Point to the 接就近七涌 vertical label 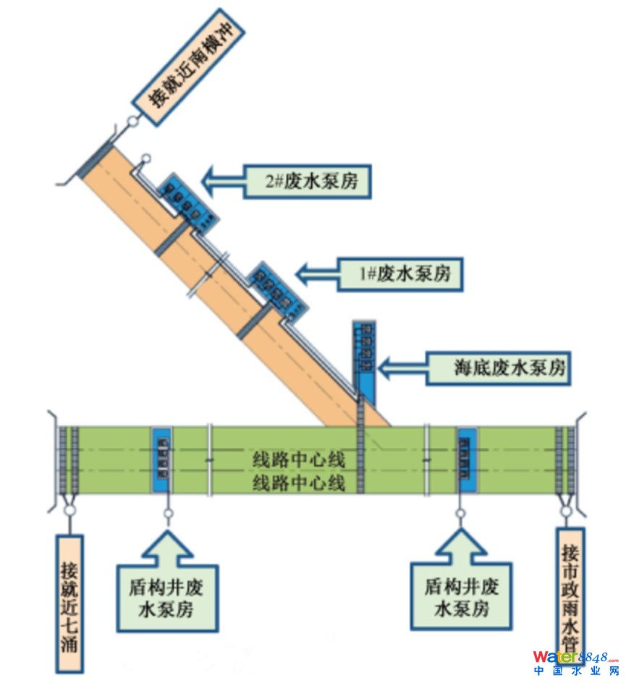70,603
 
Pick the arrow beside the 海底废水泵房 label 402,368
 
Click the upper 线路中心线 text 299,459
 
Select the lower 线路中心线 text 299,481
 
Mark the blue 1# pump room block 277,292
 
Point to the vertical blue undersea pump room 365,358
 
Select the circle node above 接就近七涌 70,511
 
